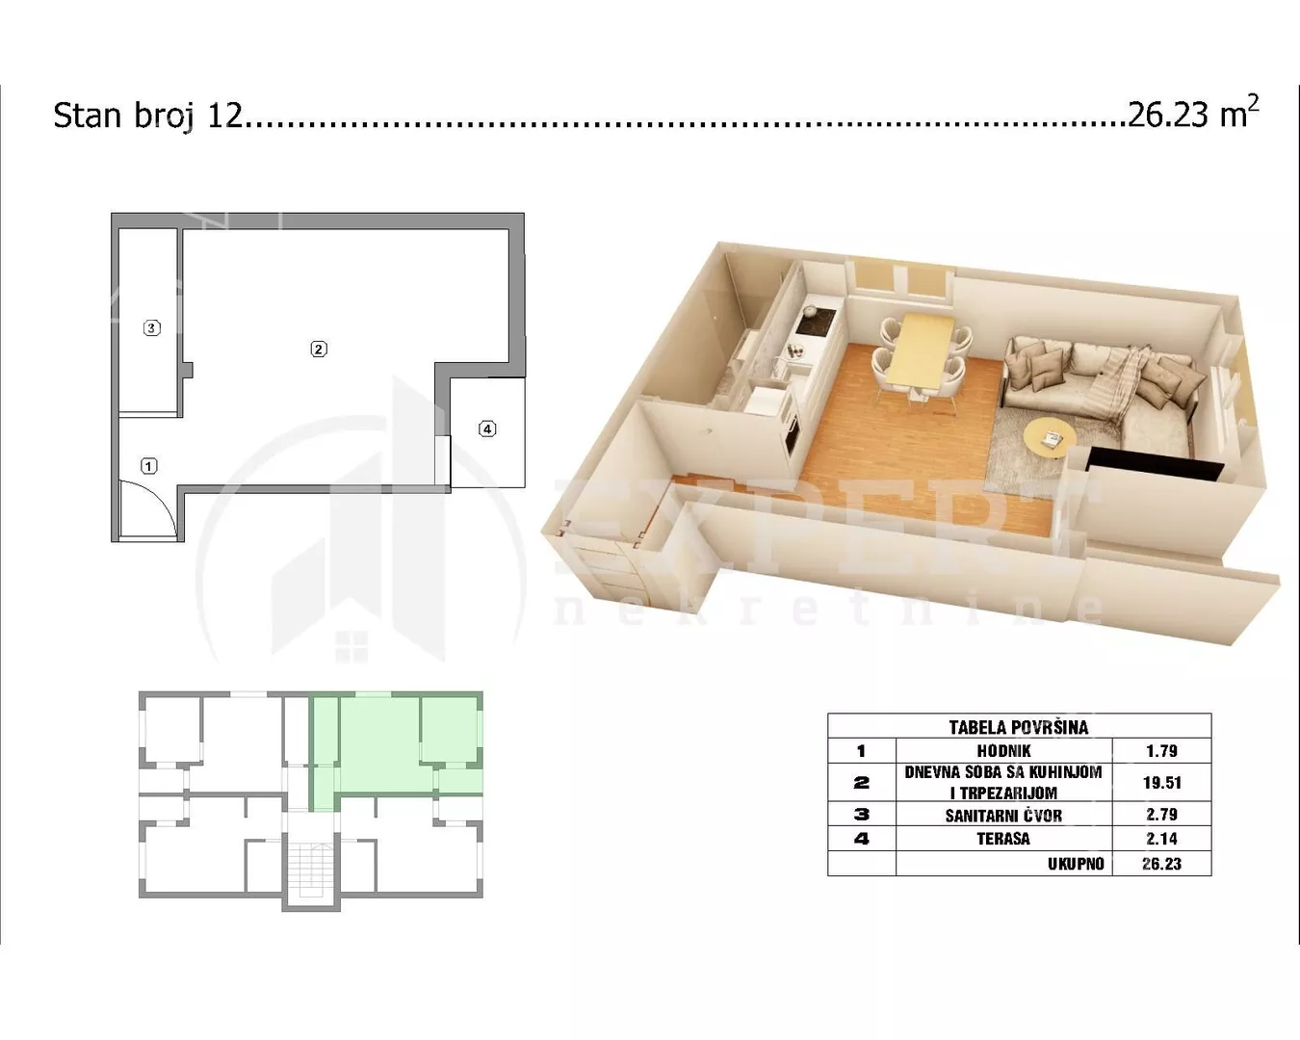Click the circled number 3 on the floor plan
click(x=151, y=327)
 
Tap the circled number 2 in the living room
click(x=319, y=349)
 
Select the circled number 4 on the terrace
click(x=487, y=429)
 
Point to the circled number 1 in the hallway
click(x=148, y=466)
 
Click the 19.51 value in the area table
click(x=1161, y=783)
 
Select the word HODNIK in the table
click(x=1003, y=751)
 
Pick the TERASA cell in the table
click(x=1003, y=839)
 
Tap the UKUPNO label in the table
click(x=1076, y=864)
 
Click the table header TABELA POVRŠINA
click(x=1019, y=727)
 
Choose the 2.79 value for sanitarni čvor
click(x=1161, y=815)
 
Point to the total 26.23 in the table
click(x=1161, y=864)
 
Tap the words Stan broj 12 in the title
click(x=148, y=116)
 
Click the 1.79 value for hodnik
click(x=1161, y=751)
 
